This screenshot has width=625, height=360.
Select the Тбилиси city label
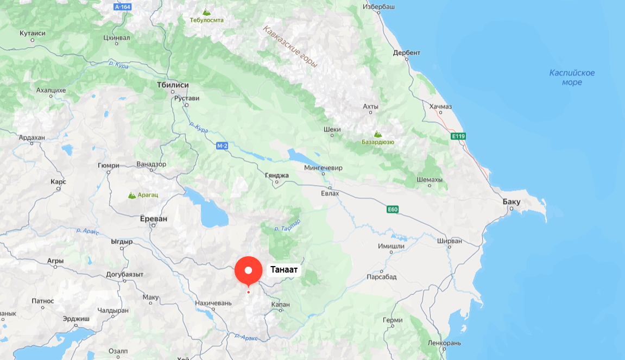pos(172,85)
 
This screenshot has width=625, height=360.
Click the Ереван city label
pos(154,218)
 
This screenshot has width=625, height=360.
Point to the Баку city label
pos(512,202)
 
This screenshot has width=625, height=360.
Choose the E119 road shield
pos(458,136)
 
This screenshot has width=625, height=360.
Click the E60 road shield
pos(393,209)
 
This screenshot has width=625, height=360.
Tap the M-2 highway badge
pos(222,146)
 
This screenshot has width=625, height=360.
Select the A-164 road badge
pos(123,7)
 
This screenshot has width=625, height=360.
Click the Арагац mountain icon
pos(132,195)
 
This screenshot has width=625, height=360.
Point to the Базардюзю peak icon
pos(377,134)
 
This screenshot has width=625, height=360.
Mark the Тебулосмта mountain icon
pos(206,11)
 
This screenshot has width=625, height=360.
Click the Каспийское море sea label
pos(572,78)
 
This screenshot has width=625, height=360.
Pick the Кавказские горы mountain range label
pos(290,46)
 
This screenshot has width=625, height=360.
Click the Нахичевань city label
pos(213,303)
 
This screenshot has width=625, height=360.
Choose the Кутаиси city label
pos(33,33)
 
